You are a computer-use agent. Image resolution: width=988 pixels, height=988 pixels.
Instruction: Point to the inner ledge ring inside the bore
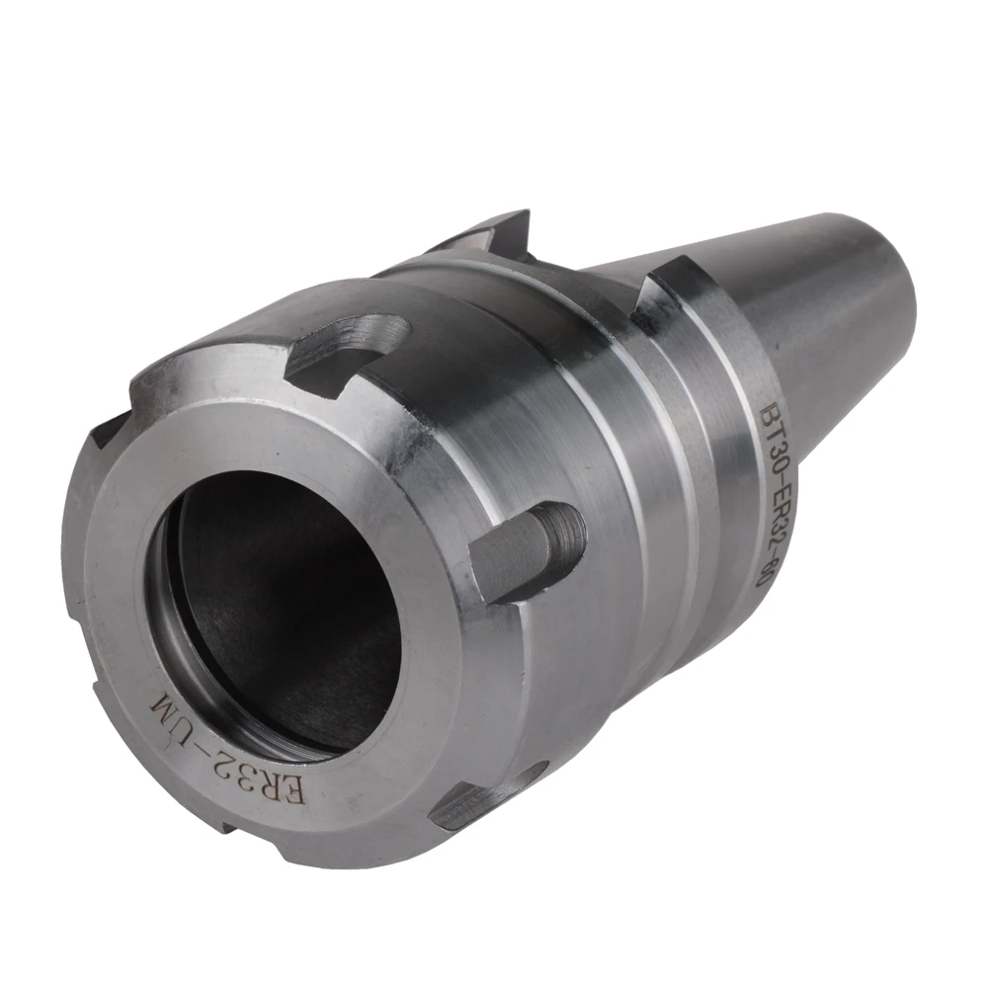tap(188, 632)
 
